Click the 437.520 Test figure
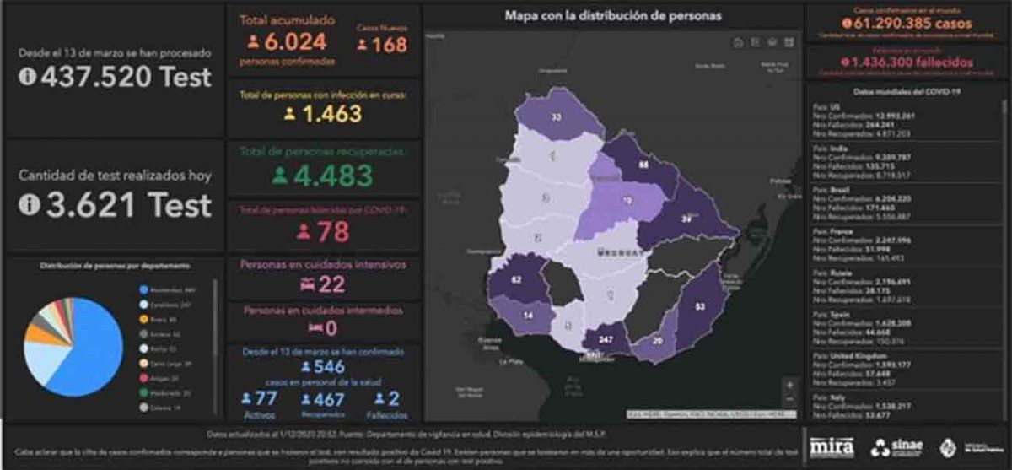pos(115,78)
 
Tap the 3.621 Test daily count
pos(116,205)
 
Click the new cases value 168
pos(389,45)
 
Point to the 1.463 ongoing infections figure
pos(334,114)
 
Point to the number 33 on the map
pos(556,116)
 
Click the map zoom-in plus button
pos(789,384)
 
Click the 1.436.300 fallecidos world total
pos(907,62)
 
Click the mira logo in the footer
pos(832,446)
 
